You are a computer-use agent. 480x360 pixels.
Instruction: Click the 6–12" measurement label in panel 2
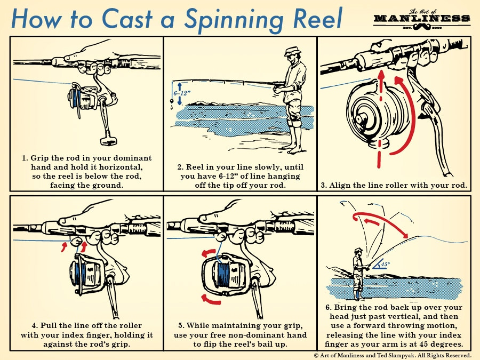click(x=180, y=91)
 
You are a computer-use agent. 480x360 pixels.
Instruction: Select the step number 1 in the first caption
click(x=25, y=158)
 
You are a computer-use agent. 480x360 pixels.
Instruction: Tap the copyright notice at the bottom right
click(x=392, y=355)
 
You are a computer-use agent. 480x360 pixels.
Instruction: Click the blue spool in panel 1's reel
click(x=77, y=101)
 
